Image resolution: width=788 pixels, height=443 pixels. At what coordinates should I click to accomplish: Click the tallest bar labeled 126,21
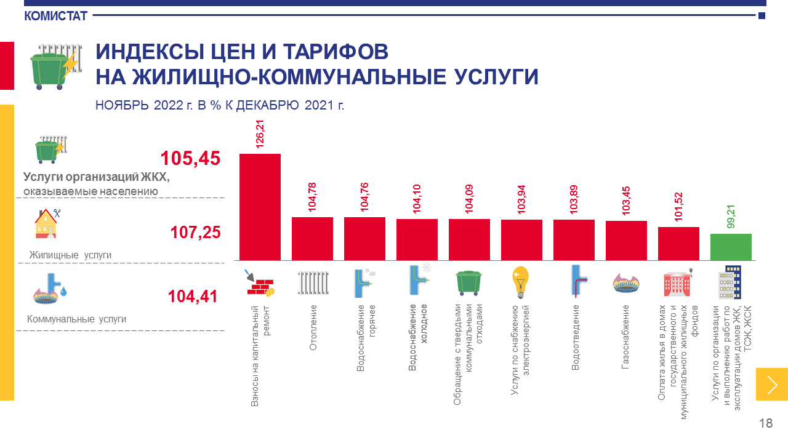point(260,207)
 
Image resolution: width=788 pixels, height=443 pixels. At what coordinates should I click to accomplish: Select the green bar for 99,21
point(731,247)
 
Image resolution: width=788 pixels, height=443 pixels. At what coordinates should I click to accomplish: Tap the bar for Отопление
point(312,239)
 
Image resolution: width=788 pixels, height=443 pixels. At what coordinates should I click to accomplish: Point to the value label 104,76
point(364,198)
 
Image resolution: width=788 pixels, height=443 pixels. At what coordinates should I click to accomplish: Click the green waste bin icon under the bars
point(468,282)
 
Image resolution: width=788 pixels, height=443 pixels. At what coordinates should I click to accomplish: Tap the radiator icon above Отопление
point(313,283)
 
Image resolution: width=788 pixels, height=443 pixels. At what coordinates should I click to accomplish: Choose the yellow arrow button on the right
point(771,384)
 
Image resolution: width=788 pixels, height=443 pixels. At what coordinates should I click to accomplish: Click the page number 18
point(766,423)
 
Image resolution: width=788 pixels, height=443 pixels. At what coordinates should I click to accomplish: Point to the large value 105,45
point(190,159)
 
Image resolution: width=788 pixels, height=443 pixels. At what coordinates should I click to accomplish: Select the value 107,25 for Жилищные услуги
point(195,233)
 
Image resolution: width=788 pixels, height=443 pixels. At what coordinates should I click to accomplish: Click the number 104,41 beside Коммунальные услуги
point(193,297)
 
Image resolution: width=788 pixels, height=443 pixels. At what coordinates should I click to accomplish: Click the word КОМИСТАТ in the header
point(56,16)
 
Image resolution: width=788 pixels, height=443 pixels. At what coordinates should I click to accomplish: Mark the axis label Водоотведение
point(576,337)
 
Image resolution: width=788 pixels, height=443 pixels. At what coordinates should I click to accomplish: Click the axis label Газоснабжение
point(625,337)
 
